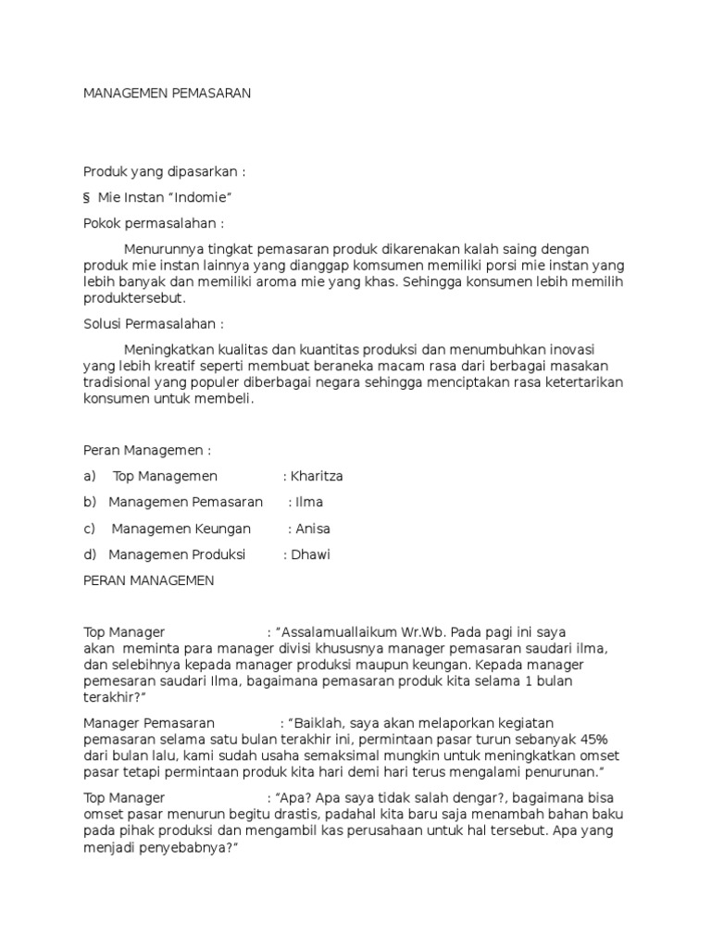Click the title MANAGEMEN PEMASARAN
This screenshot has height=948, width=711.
pos(168,94)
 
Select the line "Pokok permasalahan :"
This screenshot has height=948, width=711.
pos(154,223)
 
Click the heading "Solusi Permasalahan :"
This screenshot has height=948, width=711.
pos(154,324)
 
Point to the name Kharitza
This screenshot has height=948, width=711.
pos(317,476)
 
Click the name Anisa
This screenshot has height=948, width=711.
pos(312,529)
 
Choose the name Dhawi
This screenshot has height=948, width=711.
pos(312,555)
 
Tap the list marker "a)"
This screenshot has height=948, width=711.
pos(90,476)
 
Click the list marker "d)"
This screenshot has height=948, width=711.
pos(90,555)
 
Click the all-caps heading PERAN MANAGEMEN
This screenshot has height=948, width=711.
pos(149,580)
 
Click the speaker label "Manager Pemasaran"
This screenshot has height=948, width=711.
pos(149,722)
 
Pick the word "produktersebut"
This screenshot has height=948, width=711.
pos(134,298)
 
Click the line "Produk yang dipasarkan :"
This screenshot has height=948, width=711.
pos(166,172)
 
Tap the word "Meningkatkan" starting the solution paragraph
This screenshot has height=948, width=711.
pos(167,349)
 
